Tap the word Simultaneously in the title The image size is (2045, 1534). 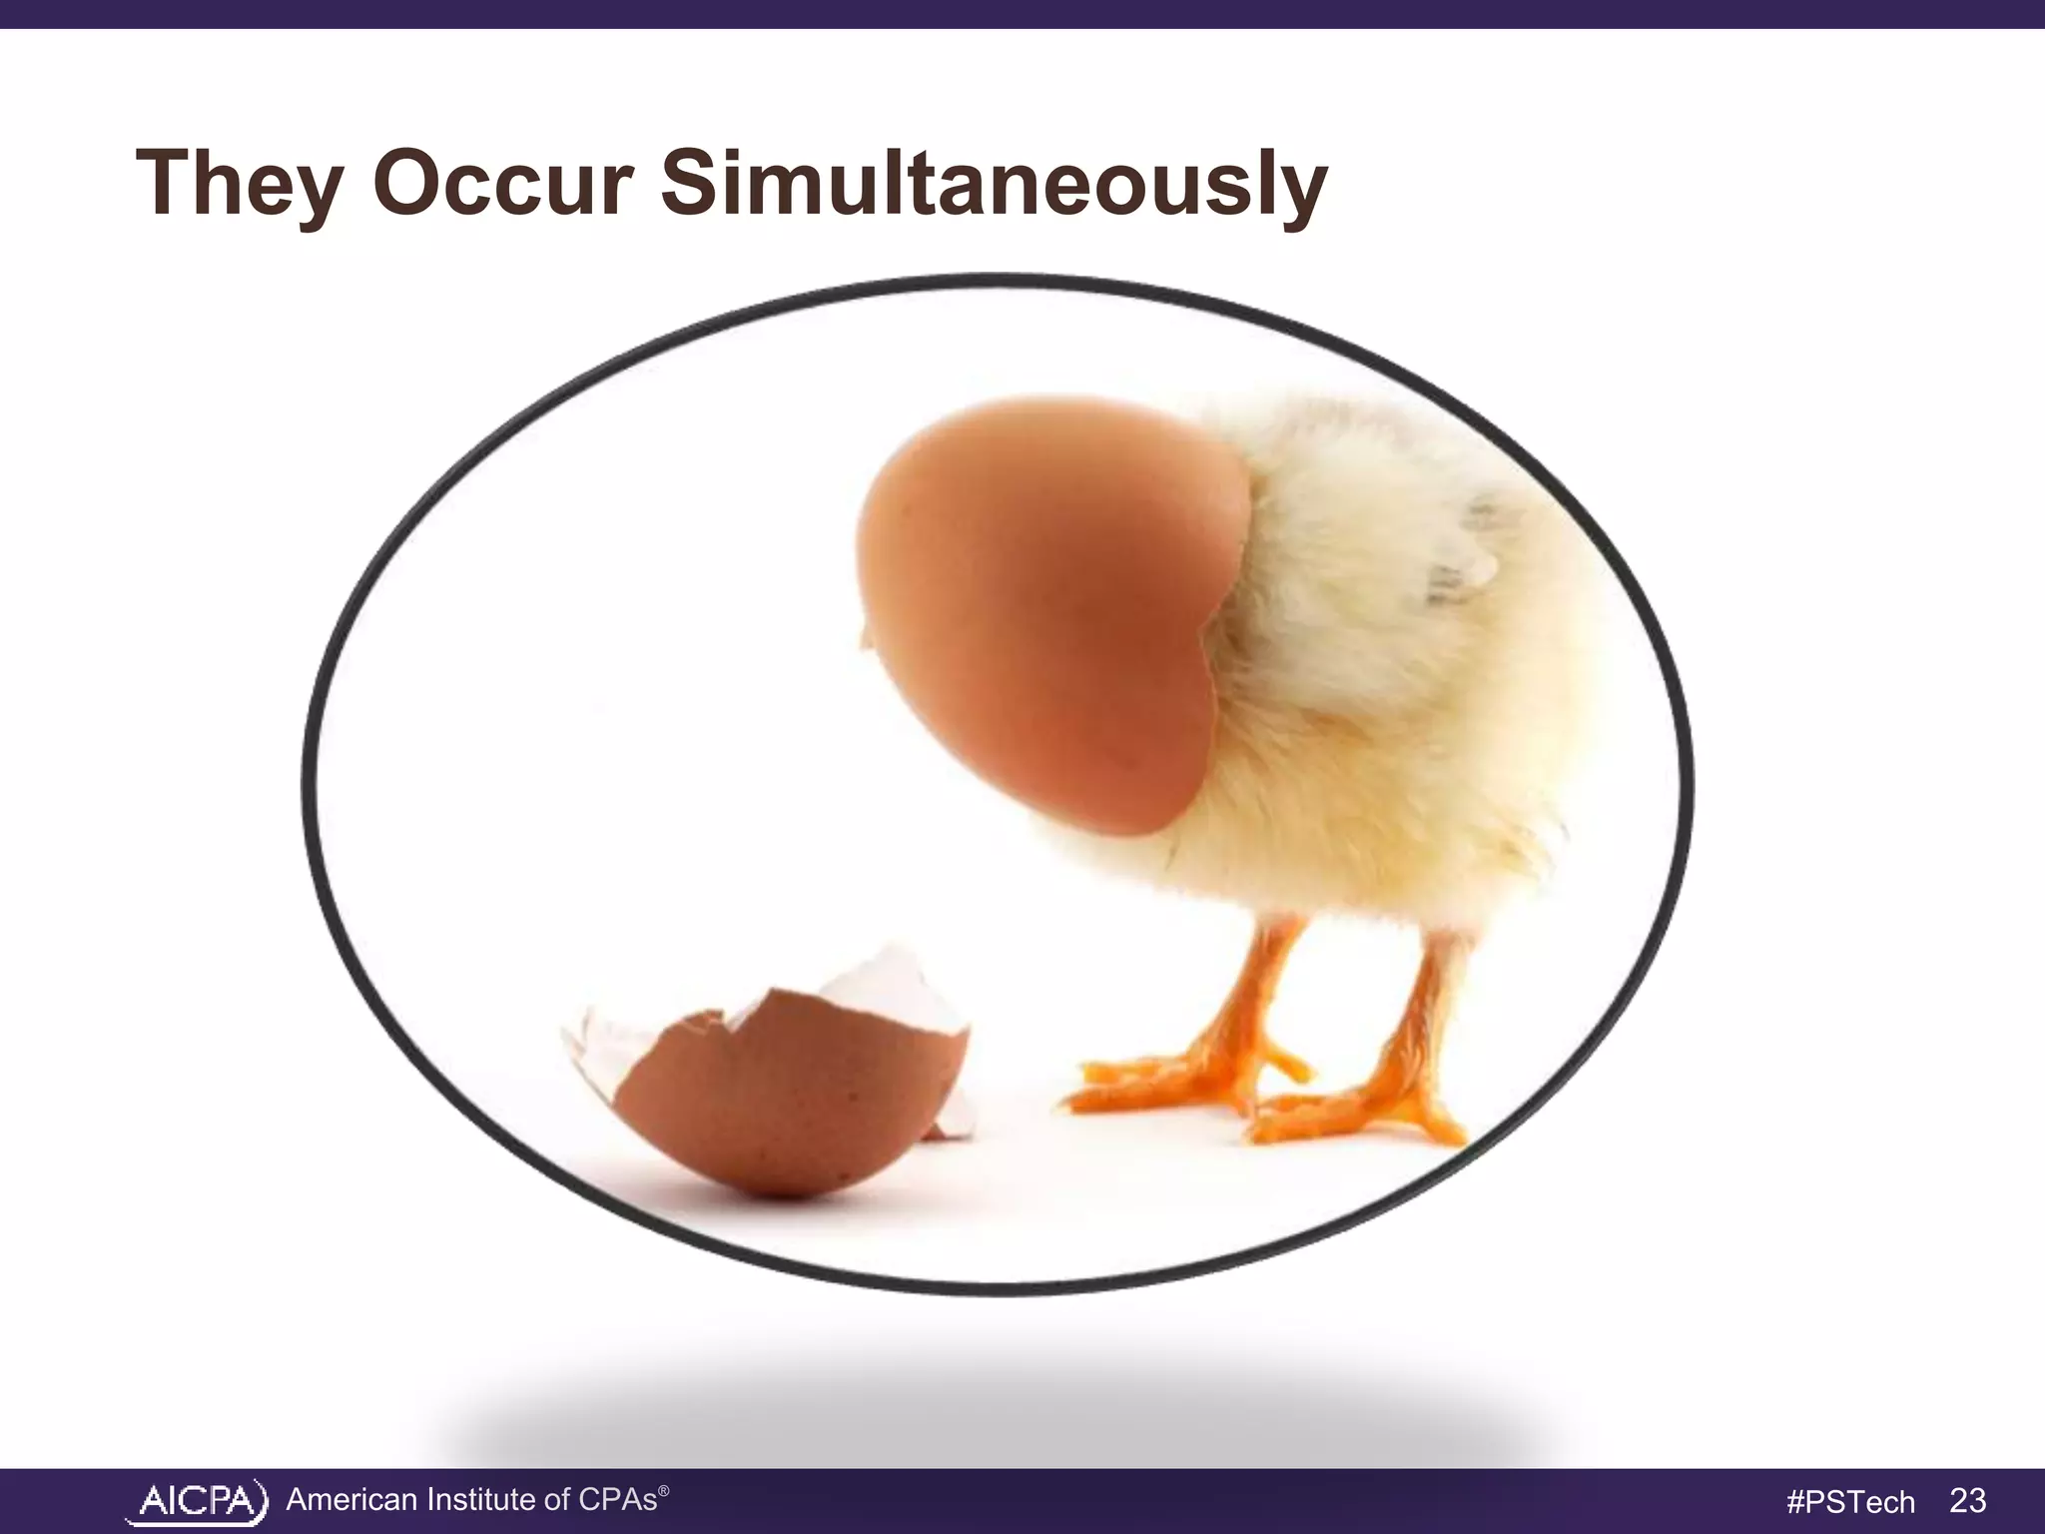(x=994, y=185)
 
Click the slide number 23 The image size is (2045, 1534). (x=1967, y=1500)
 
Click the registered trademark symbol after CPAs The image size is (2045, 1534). (x=664, y=1489)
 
